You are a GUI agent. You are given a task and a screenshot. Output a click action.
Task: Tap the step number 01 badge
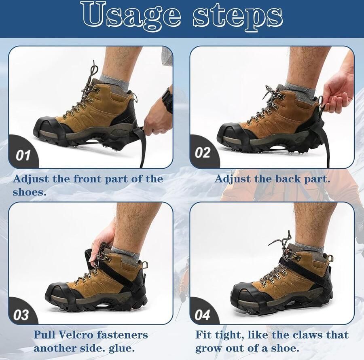(23, 155)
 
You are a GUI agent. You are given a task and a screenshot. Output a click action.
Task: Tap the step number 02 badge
(203, 153)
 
